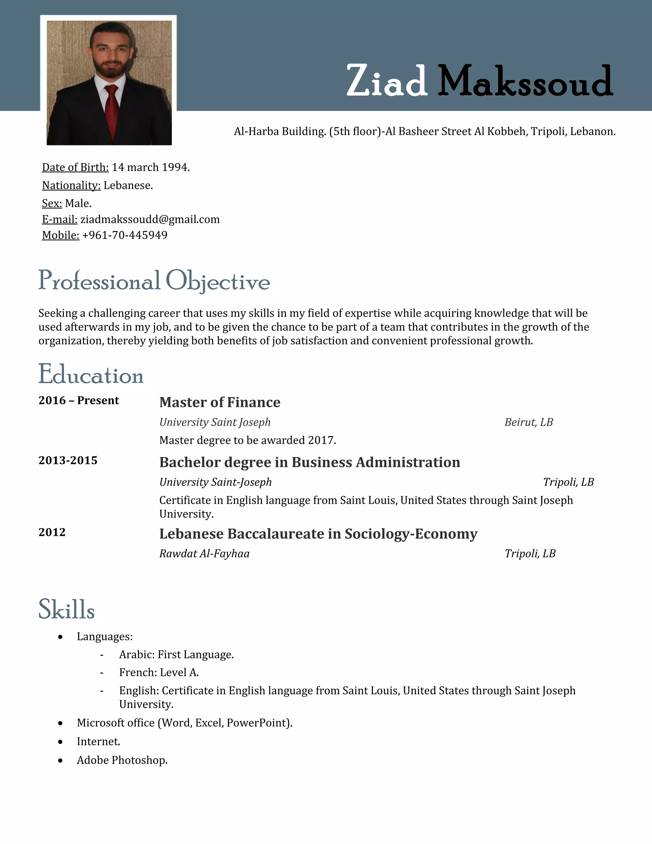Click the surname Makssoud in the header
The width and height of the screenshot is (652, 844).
[525, 82]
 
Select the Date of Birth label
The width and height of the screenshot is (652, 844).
[75, 167]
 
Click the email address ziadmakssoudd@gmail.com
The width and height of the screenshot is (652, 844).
[150, 219]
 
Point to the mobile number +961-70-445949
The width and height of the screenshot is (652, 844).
[125, 235]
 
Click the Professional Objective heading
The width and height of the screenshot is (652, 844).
[154, 281]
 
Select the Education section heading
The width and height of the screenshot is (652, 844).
[91, 375]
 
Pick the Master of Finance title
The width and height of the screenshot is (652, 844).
[220, 402]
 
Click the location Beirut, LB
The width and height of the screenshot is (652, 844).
[528, 422]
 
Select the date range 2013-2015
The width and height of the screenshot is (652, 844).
[68, 460]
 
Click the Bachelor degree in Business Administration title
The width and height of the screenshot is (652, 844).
[309, 462]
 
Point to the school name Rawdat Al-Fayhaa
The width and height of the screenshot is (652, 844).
[204, 554]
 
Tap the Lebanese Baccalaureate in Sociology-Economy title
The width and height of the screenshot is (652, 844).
[318, 534]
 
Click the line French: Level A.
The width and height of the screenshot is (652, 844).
[159, 672]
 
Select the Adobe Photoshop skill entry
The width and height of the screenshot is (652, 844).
[122, 760]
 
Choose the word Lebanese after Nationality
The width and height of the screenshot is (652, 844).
[128, 185]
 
